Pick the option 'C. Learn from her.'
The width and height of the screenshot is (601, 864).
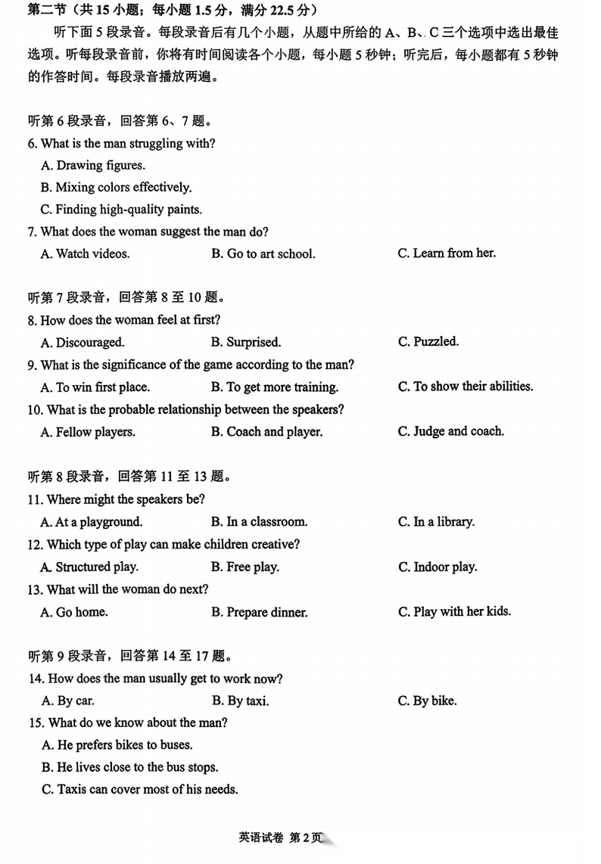click(x=447, y=253)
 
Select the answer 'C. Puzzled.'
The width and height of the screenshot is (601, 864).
click(x=428, y=342)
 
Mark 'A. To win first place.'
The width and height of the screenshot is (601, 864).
click(x=95, y=387)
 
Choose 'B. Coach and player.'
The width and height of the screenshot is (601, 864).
click(x=267, y=432)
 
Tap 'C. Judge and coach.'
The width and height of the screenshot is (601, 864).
click(x=450, y=431)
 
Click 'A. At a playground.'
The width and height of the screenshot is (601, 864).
click(x=92, y=522)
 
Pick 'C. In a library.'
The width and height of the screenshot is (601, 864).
click(x=436, y=522)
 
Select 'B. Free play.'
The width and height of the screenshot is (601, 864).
click(x=245, y=567)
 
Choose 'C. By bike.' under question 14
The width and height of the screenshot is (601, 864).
click(x=427, y=701)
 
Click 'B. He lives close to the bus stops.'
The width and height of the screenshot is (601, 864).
click(x=130, y=767)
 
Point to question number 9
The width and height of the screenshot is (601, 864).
click(x=32, y=365)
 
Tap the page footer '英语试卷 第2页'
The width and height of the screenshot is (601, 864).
click(x=279, y=838)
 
